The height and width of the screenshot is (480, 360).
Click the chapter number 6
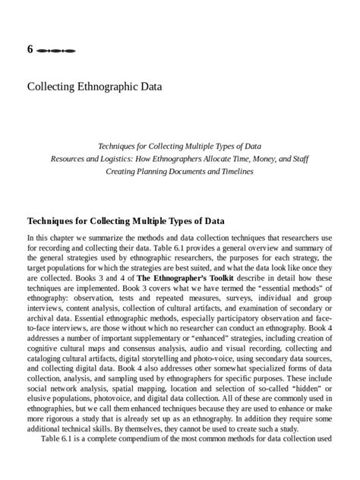30,49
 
